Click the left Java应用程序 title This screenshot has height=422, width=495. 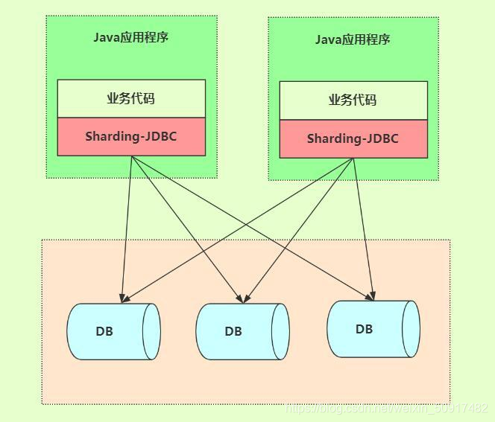[x=131, y=37]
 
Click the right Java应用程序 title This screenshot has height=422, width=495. [x=353, y=39]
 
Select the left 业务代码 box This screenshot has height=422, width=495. [x=131, y=98]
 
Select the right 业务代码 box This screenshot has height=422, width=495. [x=353, y=100]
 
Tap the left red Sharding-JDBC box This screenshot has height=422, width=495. [x=131, y=137]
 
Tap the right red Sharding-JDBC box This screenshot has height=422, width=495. [x=353, y=139]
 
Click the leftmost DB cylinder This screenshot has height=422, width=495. [x=113, y=332]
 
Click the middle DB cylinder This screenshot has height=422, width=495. [x=242, y=332]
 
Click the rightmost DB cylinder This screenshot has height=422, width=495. [x=373, y=330]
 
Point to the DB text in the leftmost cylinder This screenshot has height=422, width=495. [x=104, y=331]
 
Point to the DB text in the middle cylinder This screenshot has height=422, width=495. [x=233, y=331]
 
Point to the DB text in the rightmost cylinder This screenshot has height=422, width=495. [x=364, y=329]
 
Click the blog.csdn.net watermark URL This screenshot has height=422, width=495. [x=387, y=409]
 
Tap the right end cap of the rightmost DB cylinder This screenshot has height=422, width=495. [x=411, y=330]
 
